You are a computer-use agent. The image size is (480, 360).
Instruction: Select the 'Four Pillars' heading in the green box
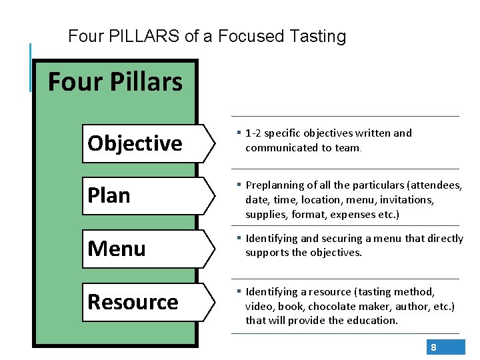115,82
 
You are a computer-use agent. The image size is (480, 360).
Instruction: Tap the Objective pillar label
135,143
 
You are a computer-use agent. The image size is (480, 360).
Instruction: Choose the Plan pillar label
109,195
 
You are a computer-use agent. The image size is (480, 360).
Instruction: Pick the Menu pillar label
117,249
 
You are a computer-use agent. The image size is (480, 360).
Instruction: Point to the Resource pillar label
133,302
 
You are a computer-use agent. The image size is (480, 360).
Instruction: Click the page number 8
433,347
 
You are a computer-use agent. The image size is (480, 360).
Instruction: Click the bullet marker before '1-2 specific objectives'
238,133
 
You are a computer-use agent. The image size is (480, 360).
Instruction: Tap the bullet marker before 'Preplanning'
238,185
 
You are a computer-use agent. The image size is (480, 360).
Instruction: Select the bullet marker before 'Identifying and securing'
238,238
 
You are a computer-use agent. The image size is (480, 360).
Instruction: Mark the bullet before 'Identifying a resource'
238,291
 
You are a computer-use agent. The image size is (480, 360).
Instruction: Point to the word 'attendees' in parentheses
437,185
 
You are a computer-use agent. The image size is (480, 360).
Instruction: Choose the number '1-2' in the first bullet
253,133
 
